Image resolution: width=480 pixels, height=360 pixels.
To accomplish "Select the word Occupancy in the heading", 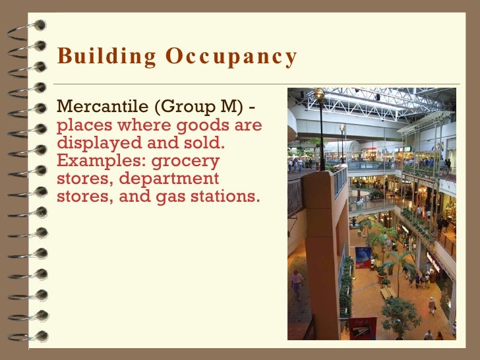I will (231, 57).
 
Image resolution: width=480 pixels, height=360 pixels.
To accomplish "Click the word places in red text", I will (80, 125).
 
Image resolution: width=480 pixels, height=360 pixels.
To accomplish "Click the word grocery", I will (185, 160).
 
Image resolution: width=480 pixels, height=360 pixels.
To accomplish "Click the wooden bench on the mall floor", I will (388, 292).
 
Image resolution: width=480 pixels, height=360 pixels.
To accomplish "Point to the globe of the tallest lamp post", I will (319, 94).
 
